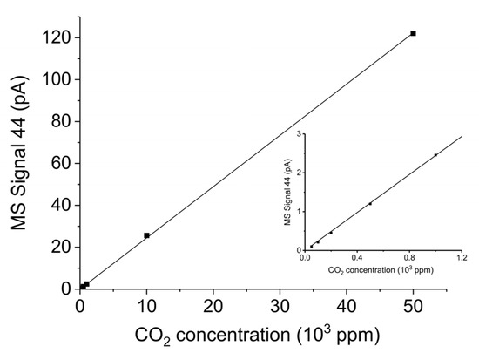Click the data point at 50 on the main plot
(413, 33)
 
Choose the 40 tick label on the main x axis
(347, 306)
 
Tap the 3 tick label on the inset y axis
(298, 134)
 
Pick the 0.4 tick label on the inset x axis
(357, 257)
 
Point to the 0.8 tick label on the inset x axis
(409, 257)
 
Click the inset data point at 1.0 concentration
(435, 155)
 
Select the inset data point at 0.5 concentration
(370, 204)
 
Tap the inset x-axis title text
(382, 270)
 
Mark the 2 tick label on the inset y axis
(298, 173)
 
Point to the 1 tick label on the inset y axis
(298, 211)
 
